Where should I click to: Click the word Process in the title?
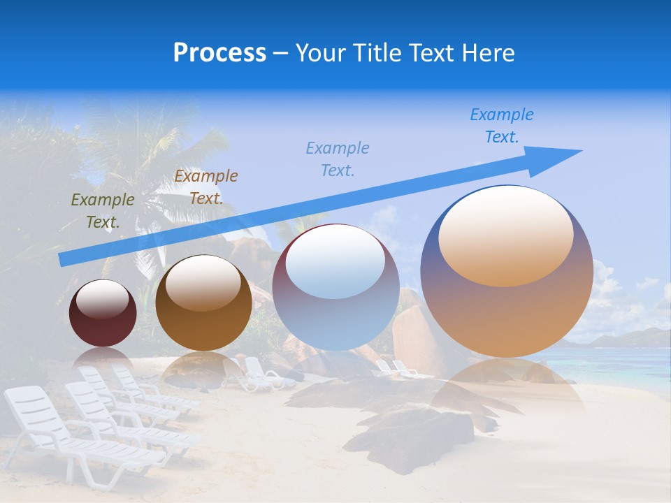pos(219,52)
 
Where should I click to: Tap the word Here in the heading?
pos(488,52)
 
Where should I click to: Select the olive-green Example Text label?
pos(102,210)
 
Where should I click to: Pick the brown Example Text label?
pos(205,187)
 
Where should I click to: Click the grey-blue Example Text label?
pos(337,159)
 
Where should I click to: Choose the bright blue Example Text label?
pos(501,126)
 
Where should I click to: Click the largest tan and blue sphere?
pos(507,307)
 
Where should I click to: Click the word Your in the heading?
pos(321,52)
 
